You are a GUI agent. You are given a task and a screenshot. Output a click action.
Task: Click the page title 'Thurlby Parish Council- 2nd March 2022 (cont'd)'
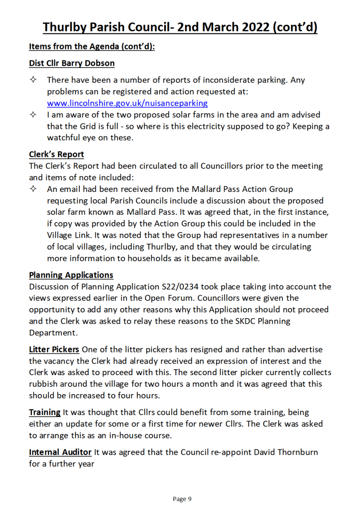click(x=180, y=27)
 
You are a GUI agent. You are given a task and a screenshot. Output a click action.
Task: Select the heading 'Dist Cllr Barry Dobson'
click(x=71, y=63)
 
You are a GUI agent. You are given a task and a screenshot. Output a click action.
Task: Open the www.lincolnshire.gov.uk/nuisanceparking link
click(x=127, y=103)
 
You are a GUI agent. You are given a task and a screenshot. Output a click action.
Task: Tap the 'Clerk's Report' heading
click(x=56, y=154)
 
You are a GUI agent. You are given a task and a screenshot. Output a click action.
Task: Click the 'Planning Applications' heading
click(x=71, y=275)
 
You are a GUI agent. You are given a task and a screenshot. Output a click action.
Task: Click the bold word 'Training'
click(x=44, y=412)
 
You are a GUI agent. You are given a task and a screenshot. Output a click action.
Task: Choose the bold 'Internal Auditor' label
click(x=60, y=452)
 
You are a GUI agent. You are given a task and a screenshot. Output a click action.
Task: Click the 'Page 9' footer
click(x=182, y=499)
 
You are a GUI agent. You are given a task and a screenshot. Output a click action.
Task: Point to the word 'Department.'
click(x=52, y=332)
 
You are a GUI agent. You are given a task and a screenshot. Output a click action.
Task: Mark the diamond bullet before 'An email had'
click(x=33, y=189)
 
